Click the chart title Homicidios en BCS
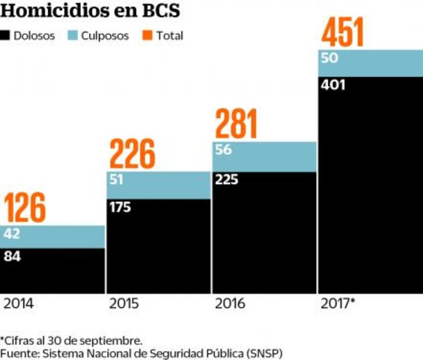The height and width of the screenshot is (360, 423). (x=90, y=12)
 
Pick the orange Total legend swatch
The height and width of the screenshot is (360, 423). (x=147, y=35)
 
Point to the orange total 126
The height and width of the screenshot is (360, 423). (x=25, y=208)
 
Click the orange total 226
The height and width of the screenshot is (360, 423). (x=132, y=154)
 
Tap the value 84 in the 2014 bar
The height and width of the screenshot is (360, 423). (x=12, y=256)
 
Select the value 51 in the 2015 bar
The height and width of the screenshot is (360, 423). (x=117, y=179)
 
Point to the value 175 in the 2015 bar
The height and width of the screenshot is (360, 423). (x=120, y=207)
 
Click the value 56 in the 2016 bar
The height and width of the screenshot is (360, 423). (x=223, y=150)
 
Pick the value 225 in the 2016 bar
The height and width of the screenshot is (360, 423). (x=226, y=179)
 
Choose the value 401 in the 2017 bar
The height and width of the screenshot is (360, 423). (x=332, y=85)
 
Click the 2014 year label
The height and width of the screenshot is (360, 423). (x=19, y=304)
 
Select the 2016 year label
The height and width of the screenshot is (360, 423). (x=230, y=304)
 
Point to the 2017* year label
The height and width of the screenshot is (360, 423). (x=338, y=304)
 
